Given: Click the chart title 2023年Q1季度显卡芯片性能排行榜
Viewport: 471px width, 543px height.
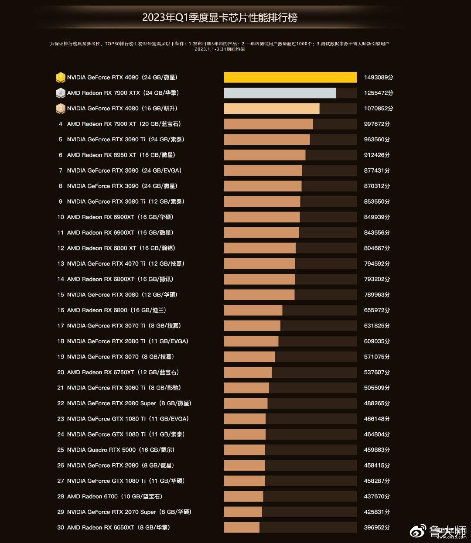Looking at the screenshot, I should (220, 17).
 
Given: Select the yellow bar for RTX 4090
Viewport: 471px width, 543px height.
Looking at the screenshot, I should (290, 77).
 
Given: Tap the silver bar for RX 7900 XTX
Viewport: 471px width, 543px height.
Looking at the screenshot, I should (280, 93).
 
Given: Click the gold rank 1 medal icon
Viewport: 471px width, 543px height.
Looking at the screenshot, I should (61, 77).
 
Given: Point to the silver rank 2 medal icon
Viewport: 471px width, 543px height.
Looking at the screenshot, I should (61, 93).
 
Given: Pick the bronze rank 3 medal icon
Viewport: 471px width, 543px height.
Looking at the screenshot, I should (61, 108).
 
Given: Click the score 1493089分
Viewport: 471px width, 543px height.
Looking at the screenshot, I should (378, 77).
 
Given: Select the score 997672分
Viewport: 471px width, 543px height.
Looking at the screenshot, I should (377, 124).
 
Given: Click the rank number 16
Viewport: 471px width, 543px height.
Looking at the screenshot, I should (61, 310).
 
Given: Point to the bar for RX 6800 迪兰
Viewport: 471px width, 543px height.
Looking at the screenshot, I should (253, 310).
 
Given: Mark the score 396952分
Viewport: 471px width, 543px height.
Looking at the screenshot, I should (377, 527).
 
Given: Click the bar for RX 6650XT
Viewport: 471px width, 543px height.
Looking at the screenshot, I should (242, 527).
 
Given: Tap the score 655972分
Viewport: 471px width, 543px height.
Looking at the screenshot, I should (377, 310).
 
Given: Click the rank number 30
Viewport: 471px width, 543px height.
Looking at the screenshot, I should (61, 527).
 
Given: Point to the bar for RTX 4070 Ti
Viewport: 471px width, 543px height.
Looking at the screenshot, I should (259, 263).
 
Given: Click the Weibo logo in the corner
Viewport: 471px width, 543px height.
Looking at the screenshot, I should (418, 531).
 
